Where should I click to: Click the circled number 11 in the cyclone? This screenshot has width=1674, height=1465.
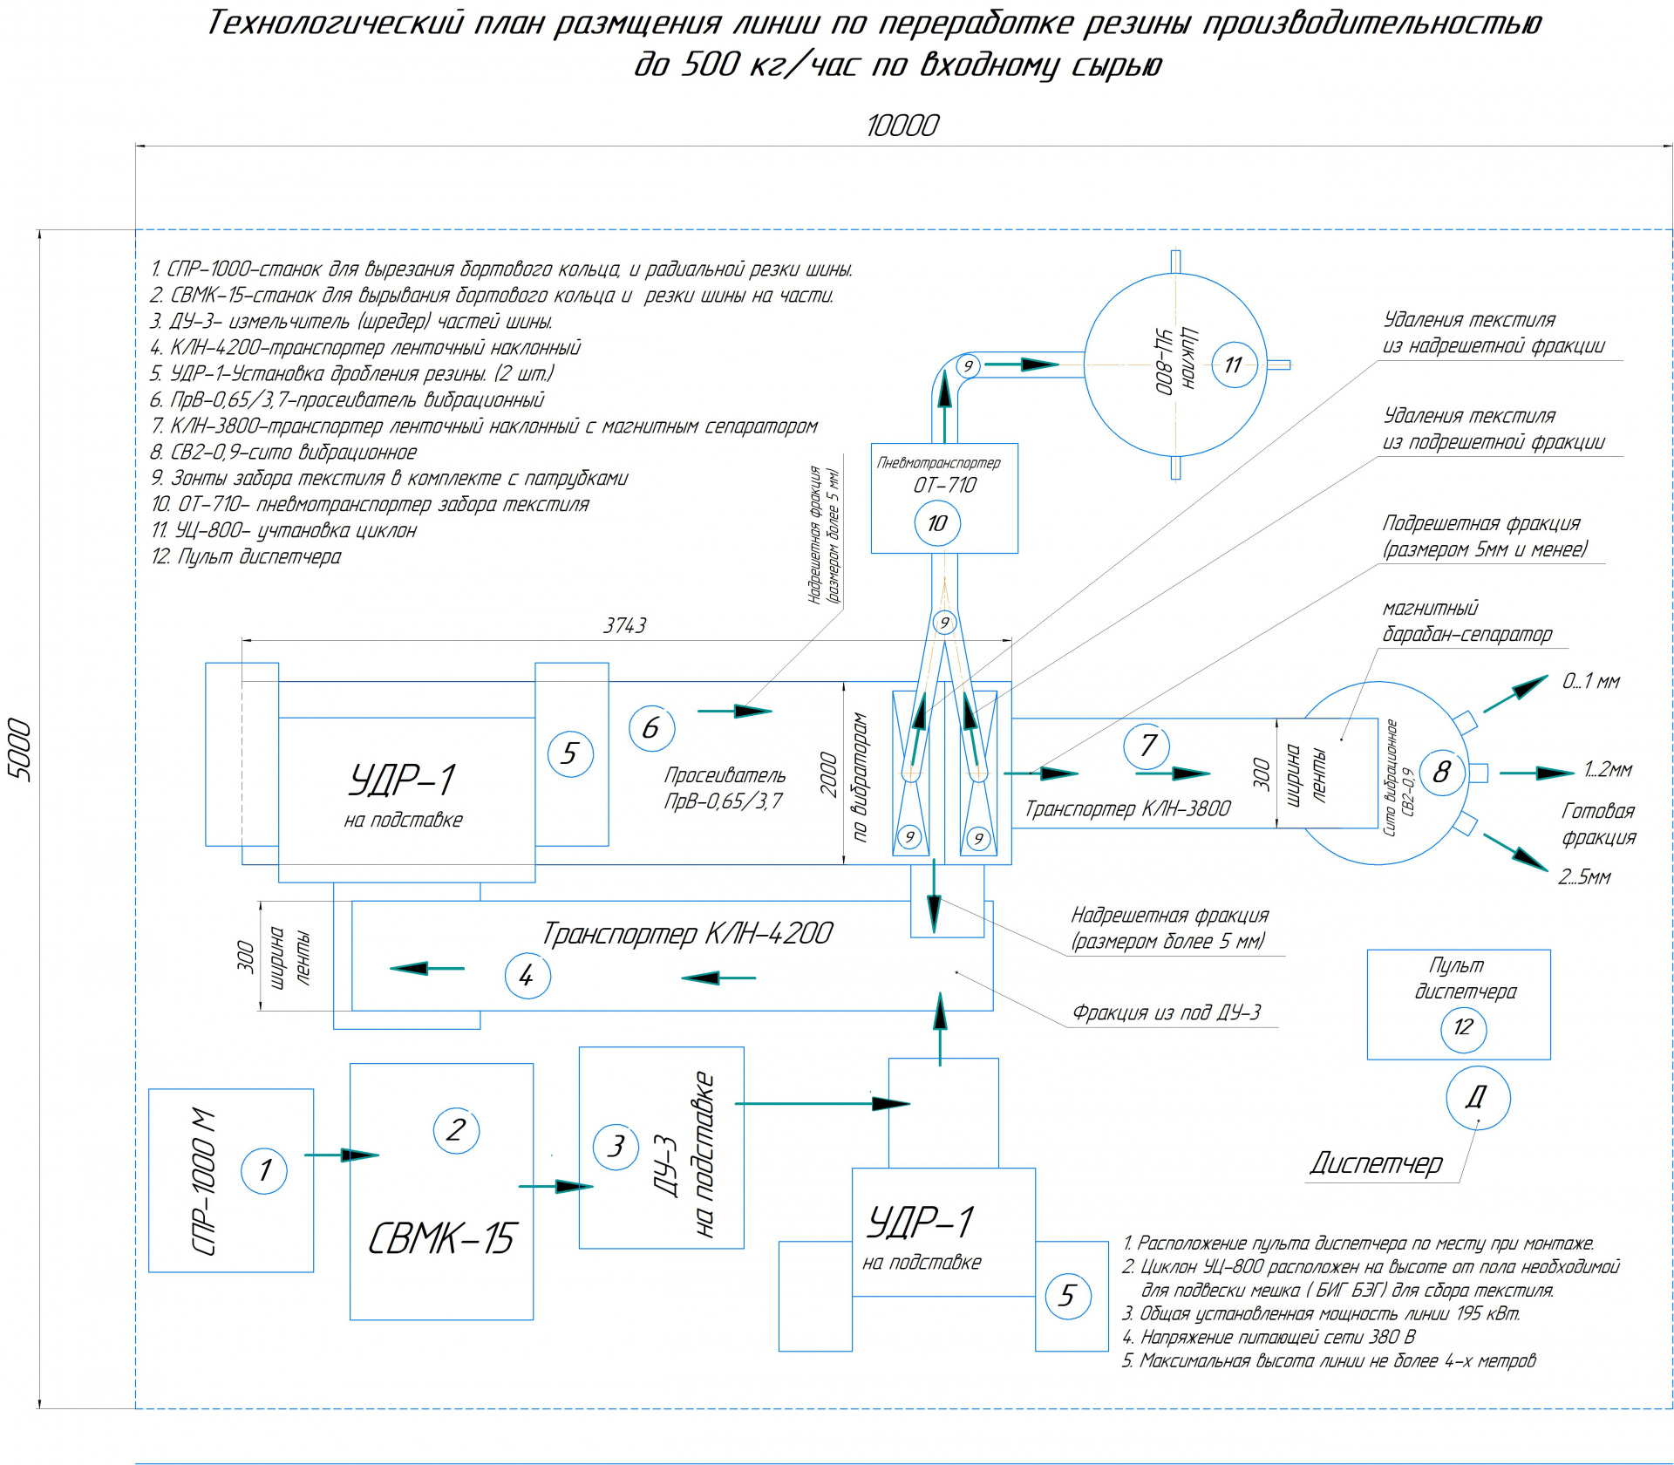(x=1233, y=365)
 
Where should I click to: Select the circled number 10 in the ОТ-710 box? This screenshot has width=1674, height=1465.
(x=937, y=523)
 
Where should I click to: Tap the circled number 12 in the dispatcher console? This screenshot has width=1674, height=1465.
(x=1463, y=1027)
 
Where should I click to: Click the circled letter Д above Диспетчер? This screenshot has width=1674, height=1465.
(x=1477, y=1098)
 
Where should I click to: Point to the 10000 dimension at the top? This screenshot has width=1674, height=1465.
(x=902, y=126)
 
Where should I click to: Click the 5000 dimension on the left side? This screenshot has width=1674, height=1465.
(x=19, y=751)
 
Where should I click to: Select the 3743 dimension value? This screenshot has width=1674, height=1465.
(x=625, y=625)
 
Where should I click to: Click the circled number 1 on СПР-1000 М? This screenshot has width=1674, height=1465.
(x=264, y=1169)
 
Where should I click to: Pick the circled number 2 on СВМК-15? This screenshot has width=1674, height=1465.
(x=456, y=1130)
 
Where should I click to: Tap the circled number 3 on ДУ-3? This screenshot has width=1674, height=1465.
(x=616, y=1146)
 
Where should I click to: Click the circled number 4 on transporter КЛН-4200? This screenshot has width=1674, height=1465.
(x=527, y=976)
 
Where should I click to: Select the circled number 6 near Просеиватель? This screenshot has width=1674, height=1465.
(x=651, y=728)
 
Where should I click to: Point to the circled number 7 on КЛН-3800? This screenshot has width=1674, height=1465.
(x=1147, y=746)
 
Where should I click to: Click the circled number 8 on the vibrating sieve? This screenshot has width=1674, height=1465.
(x=1442, y=772)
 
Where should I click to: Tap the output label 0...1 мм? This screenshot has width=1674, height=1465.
(x=1590, y=682)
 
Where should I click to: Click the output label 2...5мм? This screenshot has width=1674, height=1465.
(x=1584, y=877)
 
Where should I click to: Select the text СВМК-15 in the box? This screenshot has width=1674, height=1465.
(x=442, y=1238)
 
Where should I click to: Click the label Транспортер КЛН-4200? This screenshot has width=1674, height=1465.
(x=687, y=934)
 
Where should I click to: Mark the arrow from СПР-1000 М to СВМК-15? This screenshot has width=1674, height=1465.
(x=341, y=1155)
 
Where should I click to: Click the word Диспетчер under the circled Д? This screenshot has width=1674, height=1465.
(x=1376, y=1163)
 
